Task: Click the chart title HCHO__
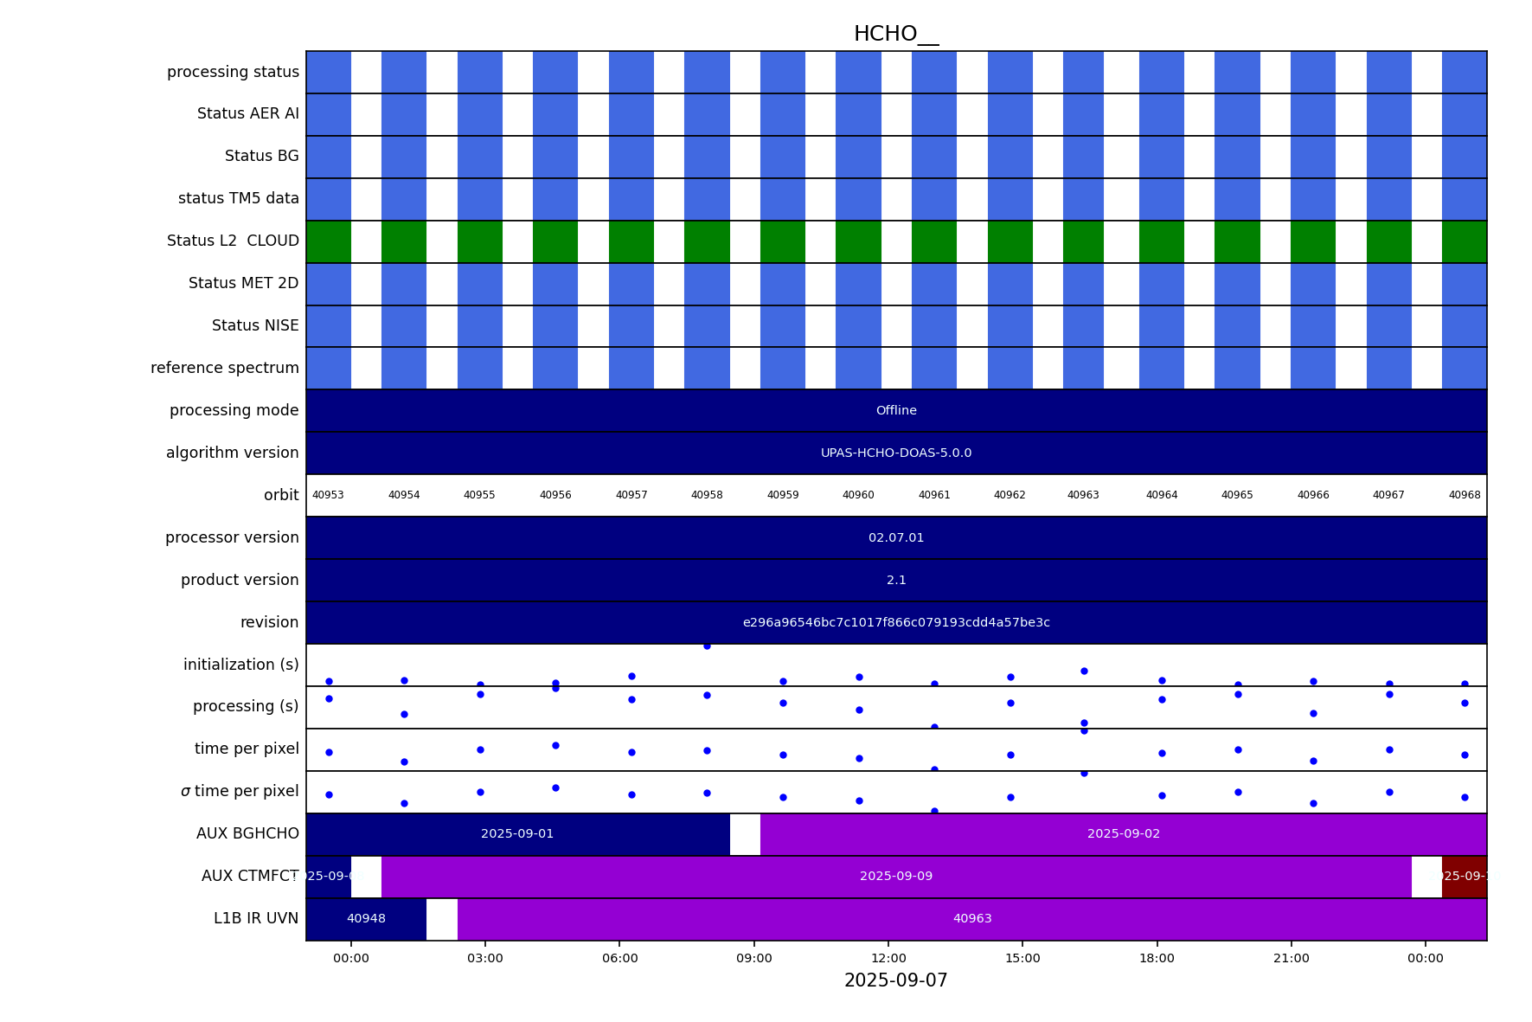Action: [x=895, y=35]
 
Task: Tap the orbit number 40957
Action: [x=631, y=496]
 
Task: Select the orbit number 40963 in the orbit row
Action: [x=1083, y=496]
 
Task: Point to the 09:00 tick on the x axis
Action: [x=753, y=958]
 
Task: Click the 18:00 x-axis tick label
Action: [x=1157, y=958]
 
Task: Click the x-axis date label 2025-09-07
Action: [x=895, y=981]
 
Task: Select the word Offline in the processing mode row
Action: [x=896, y=411]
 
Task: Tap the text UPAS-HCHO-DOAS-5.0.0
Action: [x=896, y=453]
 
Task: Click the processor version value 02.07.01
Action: [x=896, y=538]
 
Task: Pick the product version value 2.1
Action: [x=896, y=581]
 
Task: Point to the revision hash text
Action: [x=896, y=623]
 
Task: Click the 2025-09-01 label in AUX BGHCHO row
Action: [x=517, y=834]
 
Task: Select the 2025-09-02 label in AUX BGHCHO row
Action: [x=1124, y=834]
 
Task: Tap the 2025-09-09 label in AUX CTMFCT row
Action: [x=896, y=877]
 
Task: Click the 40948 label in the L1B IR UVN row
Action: [x=366, y=919]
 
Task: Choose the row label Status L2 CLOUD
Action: [x=233, y=241]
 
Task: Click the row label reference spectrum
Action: [x=225, y=369]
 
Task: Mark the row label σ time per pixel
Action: [x=240, y=792]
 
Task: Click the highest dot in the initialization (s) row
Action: [x=707, y=646]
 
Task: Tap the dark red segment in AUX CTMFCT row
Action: [x=1464, y=877]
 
